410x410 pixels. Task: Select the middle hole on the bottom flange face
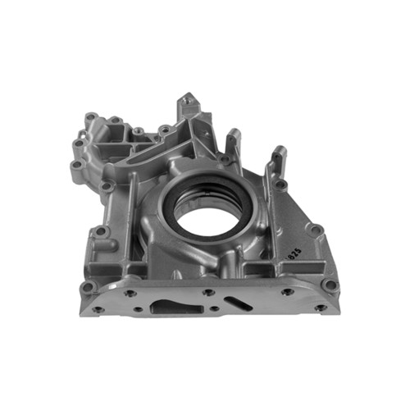208,292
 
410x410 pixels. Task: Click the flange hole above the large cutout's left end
130,293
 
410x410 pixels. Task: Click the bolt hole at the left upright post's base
105,187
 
